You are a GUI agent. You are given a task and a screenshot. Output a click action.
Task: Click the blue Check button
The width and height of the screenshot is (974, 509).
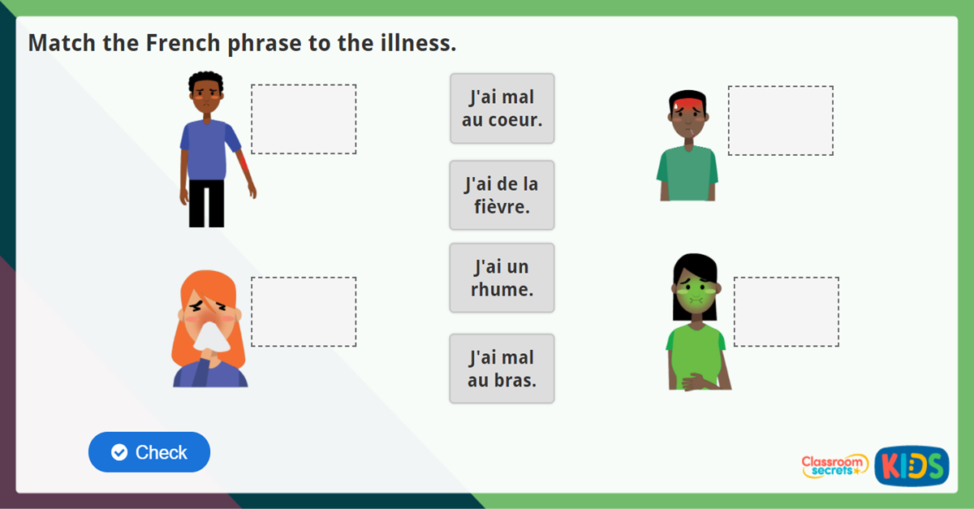coord(149,452)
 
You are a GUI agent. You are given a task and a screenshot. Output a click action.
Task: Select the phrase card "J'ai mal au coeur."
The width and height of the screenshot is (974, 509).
coord(502,109)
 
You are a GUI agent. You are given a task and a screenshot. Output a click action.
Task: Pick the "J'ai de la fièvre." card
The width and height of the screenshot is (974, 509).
coord(502,195)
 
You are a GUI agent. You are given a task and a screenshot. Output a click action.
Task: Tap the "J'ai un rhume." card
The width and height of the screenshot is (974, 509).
coord(502,278)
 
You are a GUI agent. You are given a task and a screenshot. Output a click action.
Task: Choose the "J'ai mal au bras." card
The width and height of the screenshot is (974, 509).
coord(502,369)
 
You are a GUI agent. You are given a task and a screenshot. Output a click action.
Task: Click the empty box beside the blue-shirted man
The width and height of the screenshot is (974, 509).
coord(304,119)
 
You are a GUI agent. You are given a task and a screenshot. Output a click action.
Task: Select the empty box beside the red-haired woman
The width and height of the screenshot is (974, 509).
coord(304,312)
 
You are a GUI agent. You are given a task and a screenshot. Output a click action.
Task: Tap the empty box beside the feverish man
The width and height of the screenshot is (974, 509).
coord(780,120)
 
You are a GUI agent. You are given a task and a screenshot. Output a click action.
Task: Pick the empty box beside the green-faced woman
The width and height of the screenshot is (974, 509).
coord(786,312)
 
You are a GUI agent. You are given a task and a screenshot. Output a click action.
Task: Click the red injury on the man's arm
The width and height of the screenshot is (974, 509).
coord(245,166)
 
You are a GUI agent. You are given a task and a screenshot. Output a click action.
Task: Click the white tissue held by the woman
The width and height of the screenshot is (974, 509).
coord(213,334)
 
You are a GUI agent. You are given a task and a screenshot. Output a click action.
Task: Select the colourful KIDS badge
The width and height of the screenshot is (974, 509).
coord(912,466)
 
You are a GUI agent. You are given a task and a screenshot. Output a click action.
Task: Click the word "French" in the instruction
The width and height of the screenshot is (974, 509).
coord(177,43)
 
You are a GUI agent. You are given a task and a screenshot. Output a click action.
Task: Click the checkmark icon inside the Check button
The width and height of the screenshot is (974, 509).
coord(119,452)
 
